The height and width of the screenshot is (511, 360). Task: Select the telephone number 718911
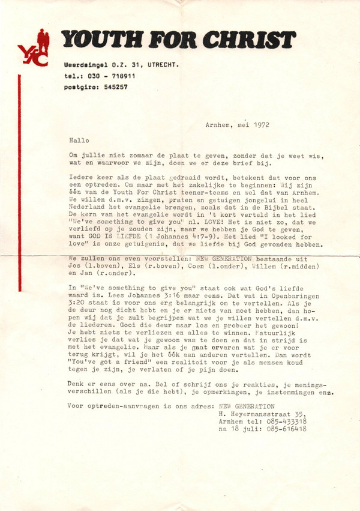[122, 76]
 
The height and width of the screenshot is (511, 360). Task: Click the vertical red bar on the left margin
[20, 180]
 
